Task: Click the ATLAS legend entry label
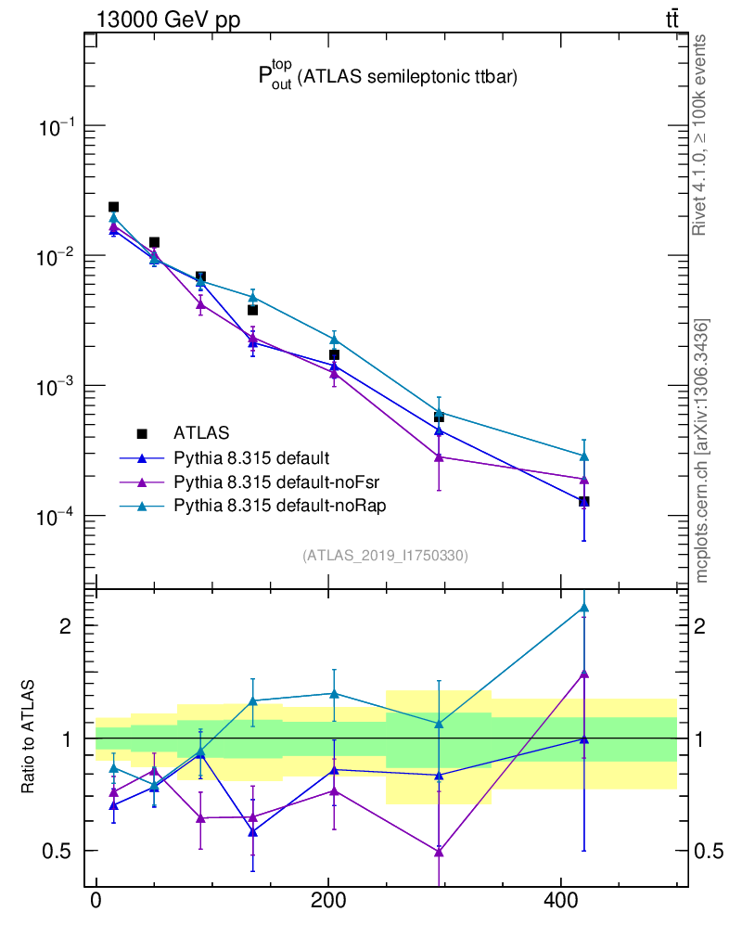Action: tap(201, 432)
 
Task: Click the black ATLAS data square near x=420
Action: tap(583, 502)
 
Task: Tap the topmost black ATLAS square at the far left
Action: tap(113, 207)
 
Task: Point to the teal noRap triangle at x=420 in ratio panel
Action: tap(583, 608)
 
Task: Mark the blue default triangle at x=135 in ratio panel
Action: tap(252, 832)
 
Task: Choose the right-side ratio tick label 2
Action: tap(704, 625)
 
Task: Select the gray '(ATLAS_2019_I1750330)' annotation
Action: tap(385, 556)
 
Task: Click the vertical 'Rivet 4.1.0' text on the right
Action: tap(700, 135)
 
